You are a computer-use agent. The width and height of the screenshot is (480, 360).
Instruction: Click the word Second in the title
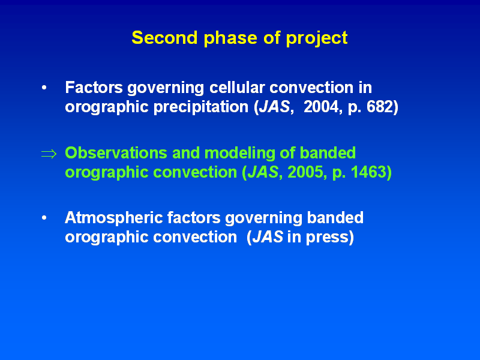(x=164, y=38)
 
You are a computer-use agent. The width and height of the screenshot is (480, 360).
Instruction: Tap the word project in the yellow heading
(x=317, y=39)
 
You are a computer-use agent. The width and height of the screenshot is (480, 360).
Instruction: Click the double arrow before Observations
(x=49, y=154)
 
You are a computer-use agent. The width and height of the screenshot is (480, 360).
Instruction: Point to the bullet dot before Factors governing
(x=44, y=88)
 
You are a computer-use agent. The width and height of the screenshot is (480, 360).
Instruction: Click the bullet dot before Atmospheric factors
(x=44, y=218)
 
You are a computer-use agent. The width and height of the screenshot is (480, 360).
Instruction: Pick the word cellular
(x=237, y=88)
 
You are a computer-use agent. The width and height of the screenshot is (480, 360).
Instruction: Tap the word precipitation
(x=201, y=107)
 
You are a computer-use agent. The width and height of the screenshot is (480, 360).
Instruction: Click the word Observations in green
(x=116, y=153)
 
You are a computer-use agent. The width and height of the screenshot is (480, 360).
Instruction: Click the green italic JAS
(x=263, y=172)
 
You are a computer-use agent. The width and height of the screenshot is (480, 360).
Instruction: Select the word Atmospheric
(x=114, y=218)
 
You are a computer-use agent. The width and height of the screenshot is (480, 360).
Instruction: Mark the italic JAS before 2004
(x=275, y=107)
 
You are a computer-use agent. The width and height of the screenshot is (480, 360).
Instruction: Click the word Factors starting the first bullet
(x=94, y=88)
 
